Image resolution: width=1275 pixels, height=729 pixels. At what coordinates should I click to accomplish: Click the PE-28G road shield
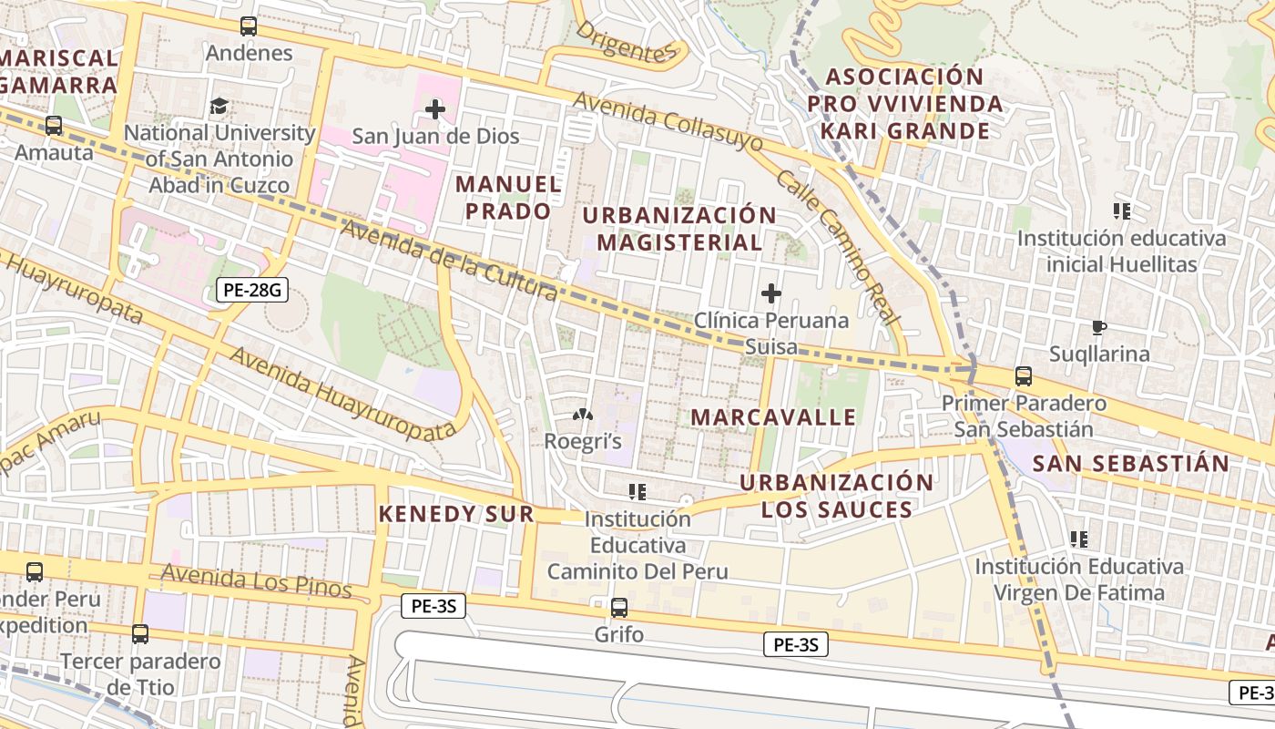pos(252,292)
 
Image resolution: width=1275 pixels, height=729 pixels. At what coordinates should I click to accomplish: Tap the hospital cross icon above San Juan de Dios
pos(435,110)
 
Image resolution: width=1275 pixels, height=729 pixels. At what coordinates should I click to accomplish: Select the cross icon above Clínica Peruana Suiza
pos(771,293)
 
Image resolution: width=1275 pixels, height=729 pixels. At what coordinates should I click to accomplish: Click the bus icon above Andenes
pos(249,26)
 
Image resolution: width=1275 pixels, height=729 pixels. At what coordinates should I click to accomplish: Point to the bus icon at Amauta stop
pos(54,126)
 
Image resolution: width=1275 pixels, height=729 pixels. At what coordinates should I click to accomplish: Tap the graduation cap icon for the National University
pos(219,107)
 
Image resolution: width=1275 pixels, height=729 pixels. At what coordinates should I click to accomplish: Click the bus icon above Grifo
pos(619,607)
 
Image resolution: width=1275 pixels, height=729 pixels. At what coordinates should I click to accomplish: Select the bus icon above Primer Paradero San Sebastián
pos(1024,376)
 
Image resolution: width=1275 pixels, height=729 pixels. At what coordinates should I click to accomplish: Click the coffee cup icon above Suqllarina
pos(1099,327)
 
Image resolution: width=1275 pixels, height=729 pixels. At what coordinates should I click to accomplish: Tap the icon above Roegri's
pos(582,416)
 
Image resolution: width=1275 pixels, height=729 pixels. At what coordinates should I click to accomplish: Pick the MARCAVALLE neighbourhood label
pos(773,417)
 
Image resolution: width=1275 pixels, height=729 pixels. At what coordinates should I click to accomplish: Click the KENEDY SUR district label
pos(456,514)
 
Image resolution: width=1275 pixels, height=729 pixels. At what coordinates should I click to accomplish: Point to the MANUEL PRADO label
pos(508,198)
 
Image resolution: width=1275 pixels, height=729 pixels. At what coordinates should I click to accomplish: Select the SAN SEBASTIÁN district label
pos(1130,463)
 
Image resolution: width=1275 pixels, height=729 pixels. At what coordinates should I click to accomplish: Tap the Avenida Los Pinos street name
pos(256,580)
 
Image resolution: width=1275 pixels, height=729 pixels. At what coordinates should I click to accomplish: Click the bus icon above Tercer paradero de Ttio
pos(139,634)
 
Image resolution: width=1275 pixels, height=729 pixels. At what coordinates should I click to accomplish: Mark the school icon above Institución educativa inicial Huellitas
pos(1122,211)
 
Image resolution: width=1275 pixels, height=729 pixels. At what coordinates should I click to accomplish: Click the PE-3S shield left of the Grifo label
pos(433,606)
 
